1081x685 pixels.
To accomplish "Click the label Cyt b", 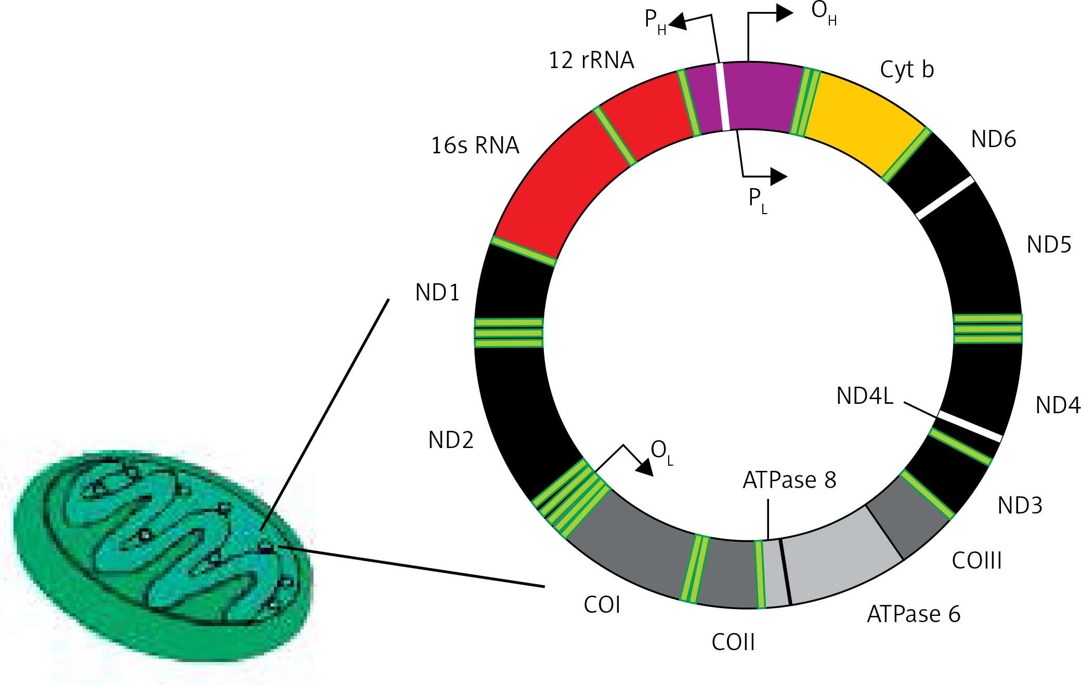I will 906,70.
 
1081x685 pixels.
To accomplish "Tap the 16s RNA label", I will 475,146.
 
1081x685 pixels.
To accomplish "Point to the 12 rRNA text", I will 591,60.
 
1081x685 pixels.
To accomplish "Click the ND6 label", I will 993,139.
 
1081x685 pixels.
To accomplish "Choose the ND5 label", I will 1049,245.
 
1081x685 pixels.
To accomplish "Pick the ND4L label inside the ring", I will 865,396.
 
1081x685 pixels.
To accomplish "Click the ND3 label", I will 1020,505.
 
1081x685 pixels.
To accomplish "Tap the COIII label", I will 976,561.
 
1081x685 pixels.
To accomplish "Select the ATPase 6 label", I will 913,614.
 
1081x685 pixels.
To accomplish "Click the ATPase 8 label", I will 789,480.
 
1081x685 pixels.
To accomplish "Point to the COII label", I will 733,642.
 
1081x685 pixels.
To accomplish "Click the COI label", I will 602,605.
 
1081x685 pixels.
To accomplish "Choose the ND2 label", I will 451,440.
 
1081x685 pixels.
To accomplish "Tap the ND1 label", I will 437,293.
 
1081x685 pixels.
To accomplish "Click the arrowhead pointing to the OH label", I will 784,14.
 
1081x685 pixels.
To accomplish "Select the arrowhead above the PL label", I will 778,177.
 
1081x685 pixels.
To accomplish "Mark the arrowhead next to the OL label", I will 645,467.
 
